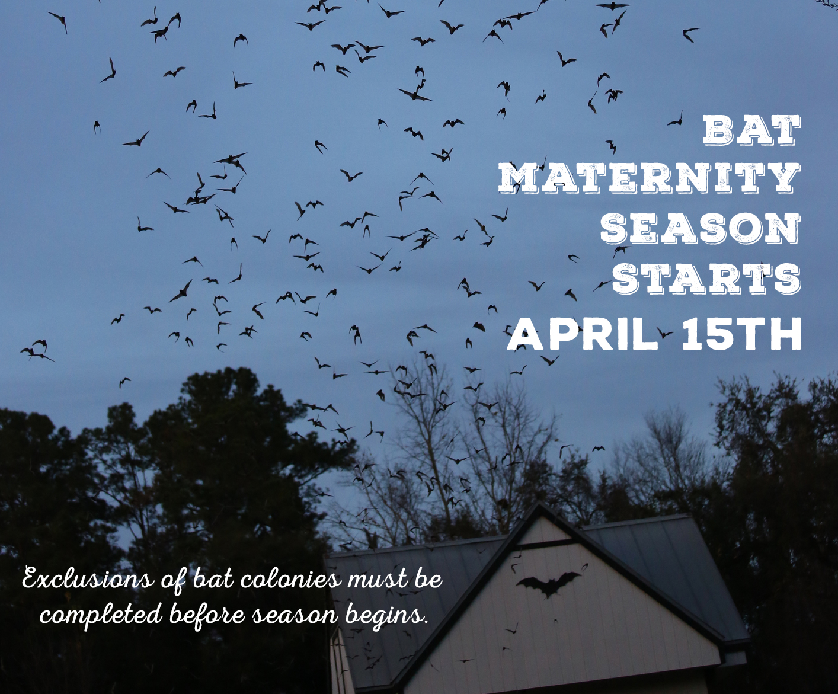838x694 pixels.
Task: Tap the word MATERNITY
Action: [x=649, y=180]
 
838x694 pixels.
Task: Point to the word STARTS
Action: [x=706, y=277]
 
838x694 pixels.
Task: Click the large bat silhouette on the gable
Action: [x=549, y=582]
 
